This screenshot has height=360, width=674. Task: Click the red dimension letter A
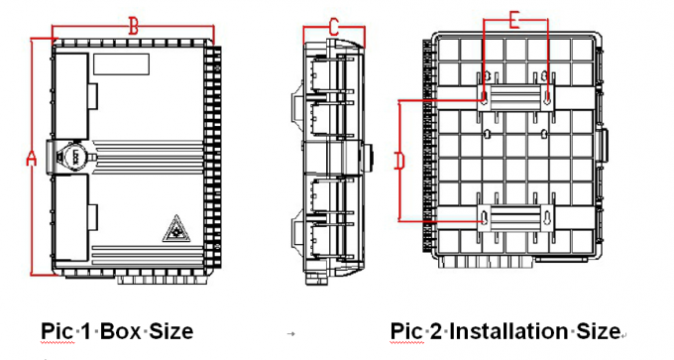(x=31, y=158)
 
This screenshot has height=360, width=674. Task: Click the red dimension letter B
(x=134, y=27)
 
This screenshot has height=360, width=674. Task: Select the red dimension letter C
(x=334, y=28)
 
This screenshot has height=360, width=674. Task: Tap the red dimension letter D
(x=399, y=162)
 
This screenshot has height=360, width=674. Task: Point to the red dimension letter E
(x=514, y=21)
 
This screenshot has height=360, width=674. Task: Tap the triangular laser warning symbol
(x=176, y=229)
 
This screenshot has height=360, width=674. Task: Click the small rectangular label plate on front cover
(x=122, y=64)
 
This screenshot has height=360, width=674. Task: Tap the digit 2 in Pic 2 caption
(x=436, y=331)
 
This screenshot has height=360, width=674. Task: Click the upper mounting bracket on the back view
(x=515, y=97)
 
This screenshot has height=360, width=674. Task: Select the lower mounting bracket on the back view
(x=515, y=218)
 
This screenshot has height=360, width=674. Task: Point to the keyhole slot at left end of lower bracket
(x=485, y=217)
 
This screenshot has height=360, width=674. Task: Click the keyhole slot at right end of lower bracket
(x=547, y=217)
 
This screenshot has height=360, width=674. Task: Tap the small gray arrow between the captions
(x=291, y=333)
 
